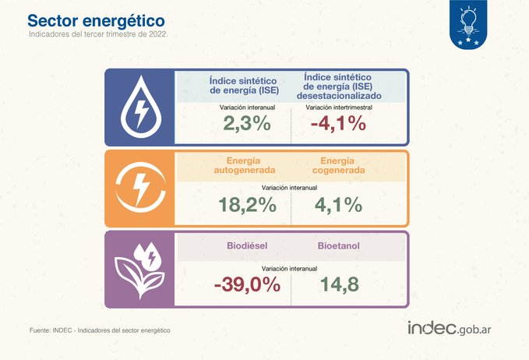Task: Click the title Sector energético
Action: (96, 21)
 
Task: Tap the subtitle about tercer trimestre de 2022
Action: (98, 34)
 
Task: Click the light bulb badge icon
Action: (468, 24)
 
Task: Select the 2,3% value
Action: (247, 123)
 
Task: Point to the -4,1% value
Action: (338, 123)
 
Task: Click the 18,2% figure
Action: (247, 205)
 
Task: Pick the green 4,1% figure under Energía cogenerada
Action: (338, 205)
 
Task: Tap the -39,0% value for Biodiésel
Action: (247, 284)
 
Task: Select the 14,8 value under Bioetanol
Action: (340, 284)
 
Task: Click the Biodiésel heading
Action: (247, 245)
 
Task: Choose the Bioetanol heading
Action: (339, 245)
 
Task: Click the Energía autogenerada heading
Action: (245, 165)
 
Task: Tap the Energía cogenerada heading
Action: (338, 165)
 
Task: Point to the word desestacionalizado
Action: (339, 96)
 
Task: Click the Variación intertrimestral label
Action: (339, 108)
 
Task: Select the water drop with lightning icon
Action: (141, 107)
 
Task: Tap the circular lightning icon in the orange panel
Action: (141, 188)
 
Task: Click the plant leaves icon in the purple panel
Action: (139, 270)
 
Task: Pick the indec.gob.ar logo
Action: (449, 328)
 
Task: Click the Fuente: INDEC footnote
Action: (100, 330)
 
